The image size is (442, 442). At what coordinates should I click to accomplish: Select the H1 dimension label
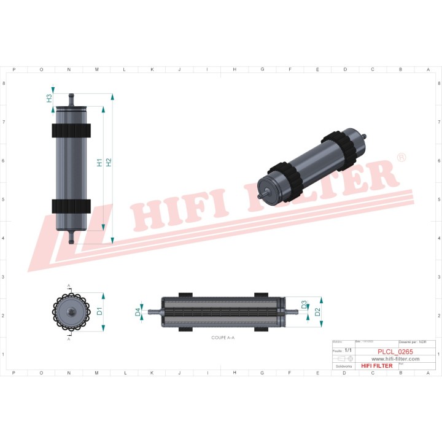pyautogui.click(x=100, y=163)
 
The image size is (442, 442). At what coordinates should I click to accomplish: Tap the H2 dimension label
pyautogui.click(x=109, y=163)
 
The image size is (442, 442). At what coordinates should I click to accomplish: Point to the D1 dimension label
pyautogui.click(x=99, y=311)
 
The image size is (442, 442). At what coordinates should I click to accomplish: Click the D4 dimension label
pyautogui.click(x=138, y=312)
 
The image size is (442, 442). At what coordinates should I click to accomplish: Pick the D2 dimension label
pyautogui.click(x=317, y=311)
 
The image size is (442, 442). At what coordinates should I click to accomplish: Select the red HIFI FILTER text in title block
pyautogui.click(x=376, y=366)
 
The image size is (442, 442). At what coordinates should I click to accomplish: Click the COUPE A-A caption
pyautogui.click(x=223, y=338)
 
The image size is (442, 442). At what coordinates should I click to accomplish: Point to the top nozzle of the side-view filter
pyautogui.click(x=71, y=98)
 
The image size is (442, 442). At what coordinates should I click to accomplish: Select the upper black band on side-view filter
pyautogui.click(x=71, y=131)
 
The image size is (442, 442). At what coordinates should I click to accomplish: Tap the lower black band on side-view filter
pyautogui.click(x=71, y=206)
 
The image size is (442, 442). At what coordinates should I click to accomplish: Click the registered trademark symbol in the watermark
pyautogui.click(x=401, y=158)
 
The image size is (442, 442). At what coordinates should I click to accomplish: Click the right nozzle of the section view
pyautogui.click(x=293, y=312)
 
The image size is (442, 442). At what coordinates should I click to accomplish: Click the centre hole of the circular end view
pyautogui.click(x=71, y=312)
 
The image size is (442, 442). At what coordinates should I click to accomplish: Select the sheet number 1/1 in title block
pyautogui.click(x=348, y=349)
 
